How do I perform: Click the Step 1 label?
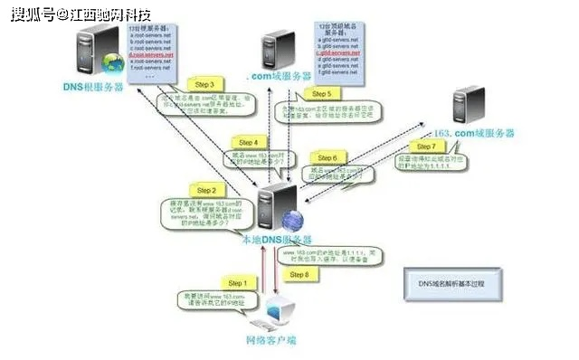click(236, 283)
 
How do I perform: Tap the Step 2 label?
click(207, 191)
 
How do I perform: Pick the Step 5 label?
click(322, 93)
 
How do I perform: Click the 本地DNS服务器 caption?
click(275, 240)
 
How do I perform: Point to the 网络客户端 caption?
click(271, 341)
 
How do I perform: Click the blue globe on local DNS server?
click(292, 221)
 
